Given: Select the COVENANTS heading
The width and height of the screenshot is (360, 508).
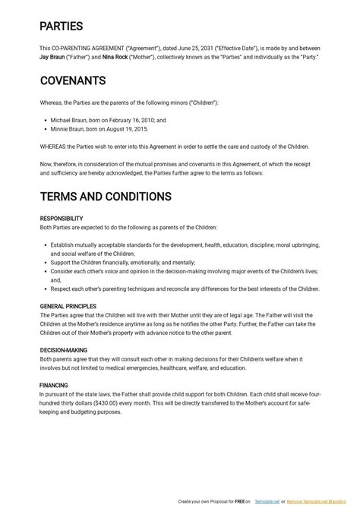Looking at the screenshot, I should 72,80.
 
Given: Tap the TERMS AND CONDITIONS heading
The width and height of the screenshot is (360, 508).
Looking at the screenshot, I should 106,197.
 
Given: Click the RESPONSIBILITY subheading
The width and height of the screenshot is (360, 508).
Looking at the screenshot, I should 62,219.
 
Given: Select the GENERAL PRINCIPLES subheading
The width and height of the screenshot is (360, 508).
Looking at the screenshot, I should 67,306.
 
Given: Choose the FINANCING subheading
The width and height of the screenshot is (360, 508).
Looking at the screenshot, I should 54,386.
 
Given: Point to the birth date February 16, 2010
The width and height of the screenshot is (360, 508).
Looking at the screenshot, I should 128,120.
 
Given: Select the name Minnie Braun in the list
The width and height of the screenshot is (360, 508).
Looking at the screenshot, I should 68,129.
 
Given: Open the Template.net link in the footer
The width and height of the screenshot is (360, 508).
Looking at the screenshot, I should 267,502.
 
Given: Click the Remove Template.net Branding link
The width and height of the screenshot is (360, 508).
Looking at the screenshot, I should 322,502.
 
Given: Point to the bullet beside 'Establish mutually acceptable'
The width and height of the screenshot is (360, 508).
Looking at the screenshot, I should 45,245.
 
